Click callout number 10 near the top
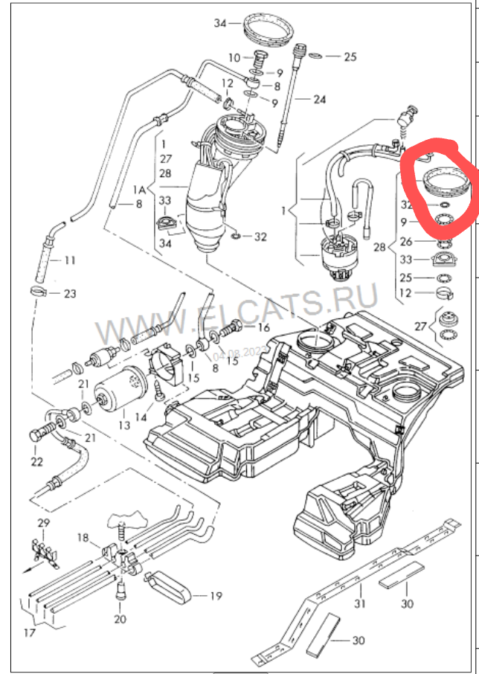[234, 57]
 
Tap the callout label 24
[319, 99]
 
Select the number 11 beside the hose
[70, 261]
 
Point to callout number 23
[69, 294]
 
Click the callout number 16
[263, 327]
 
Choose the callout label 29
[44, 523]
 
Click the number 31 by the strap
[359, 603]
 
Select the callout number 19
[216, 595]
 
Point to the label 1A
[139, 190]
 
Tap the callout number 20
[120, 619]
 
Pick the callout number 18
[83, 538]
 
